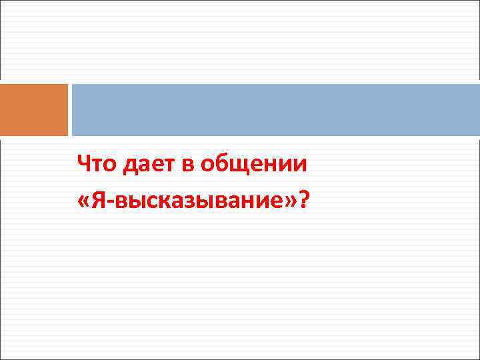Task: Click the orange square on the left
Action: pos(34,110)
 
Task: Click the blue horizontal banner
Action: pos(275,110)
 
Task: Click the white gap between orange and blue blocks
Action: pos(70,110)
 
